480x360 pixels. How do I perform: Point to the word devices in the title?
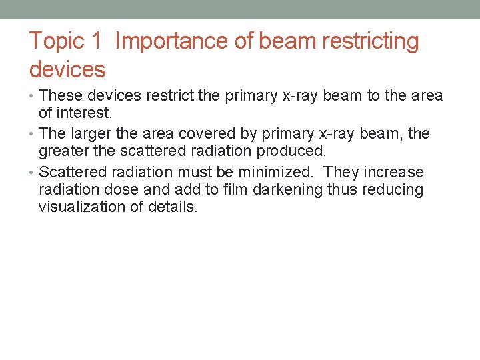[x=67, y=69]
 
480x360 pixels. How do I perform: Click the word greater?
[x=64, y=151]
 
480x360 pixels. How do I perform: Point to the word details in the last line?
[x=171, y=207]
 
